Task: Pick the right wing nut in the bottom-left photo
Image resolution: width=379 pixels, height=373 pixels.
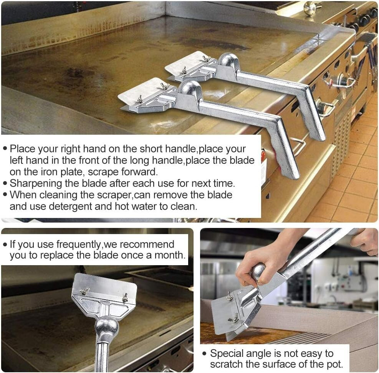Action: click(x=125, y=297)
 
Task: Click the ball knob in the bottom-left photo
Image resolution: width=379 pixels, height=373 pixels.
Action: click(x=106, y=327)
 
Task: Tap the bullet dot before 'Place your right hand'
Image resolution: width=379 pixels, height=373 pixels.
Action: click(x=5, y=149)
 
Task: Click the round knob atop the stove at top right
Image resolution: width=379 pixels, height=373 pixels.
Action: click(x=310, y=8)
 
